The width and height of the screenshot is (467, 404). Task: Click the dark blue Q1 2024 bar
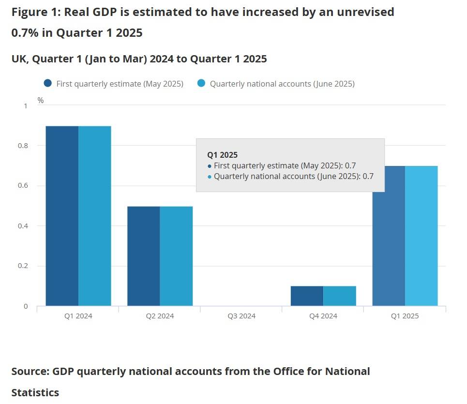62,216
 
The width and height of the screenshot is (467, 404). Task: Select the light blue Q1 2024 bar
95,216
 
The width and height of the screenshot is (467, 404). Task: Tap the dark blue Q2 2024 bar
144,256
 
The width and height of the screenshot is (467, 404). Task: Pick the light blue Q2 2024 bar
176,256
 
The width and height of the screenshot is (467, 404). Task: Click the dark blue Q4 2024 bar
307,296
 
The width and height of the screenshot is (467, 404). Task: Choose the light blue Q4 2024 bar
340,296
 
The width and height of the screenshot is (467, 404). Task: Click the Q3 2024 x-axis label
241,316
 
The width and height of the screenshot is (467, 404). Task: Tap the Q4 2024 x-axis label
323,316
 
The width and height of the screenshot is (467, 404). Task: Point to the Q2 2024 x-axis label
160,316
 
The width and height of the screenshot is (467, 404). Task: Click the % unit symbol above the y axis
41,101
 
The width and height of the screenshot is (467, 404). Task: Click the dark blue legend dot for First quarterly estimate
47,83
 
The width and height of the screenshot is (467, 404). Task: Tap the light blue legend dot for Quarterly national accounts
201,83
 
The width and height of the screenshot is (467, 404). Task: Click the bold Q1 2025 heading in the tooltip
222,155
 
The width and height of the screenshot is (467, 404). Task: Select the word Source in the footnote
30,372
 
